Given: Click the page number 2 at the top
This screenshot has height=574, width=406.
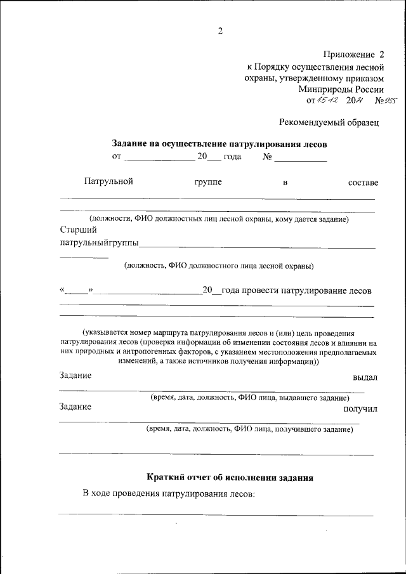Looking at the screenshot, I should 220,31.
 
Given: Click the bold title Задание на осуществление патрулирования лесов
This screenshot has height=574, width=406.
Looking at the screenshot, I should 219,144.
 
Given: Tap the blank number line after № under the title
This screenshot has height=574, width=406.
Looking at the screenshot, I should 300,157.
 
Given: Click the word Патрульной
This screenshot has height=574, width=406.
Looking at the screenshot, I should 108,182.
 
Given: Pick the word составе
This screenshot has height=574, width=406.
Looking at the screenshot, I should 363,183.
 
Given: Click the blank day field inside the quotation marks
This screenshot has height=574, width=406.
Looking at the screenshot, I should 77,291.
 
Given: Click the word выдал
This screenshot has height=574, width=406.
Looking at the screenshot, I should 365,377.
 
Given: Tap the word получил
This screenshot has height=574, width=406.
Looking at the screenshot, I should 360,408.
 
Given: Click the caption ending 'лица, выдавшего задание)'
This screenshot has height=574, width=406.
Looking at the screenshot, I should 249,398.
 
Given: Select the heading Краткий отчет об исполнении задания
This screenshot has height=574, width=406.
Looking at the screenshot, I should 230,477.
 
